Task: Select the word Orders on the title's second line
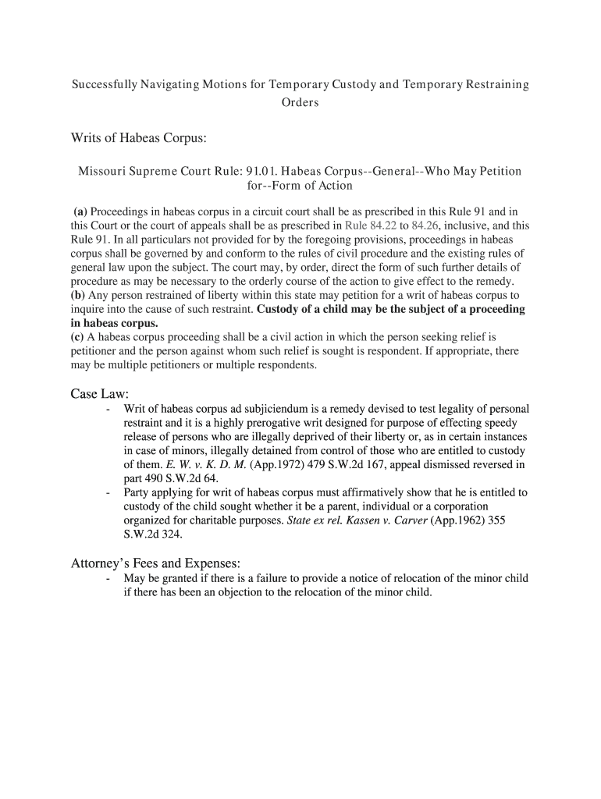(x=300, y=103)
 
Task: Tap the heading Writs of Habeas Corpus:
(x=139, y=139)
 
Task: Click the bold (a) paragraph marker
(x=80, y=211)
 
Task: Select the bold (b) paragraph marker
(x=78, y=296)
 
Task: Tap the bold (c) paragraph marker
(x=78, y=338)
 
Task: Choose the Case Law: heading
(x=99, y=394)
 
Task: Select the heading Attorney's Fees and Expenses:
(x=156, y=563)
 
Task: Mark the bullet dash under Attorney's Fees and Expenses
(x=106, y=579)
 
